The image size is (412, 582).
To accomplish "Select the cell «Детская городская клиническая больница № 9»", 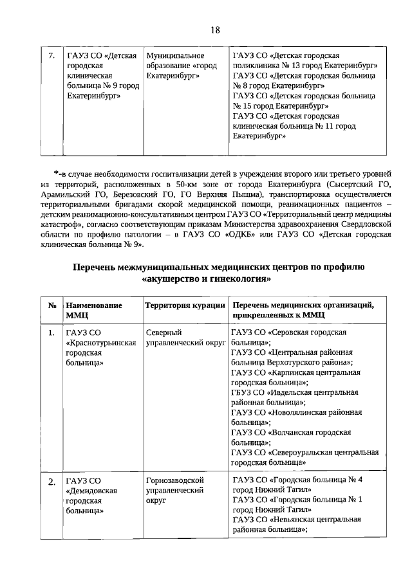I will click(x=102, y=76).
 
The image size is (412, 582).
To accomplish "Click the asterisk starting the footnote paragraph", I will click(x=57, y=174).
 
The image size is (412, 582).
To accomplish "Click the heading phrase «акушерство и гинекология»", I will click(x=205, y=280).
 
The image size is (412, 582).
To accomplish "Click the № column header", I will click(x=51, y=305).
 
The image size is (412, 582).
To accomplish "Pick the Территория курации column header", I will click(x=185, y=305).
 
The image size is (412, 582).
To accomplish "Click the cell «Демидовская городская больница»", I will click(x=91, y=495).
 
